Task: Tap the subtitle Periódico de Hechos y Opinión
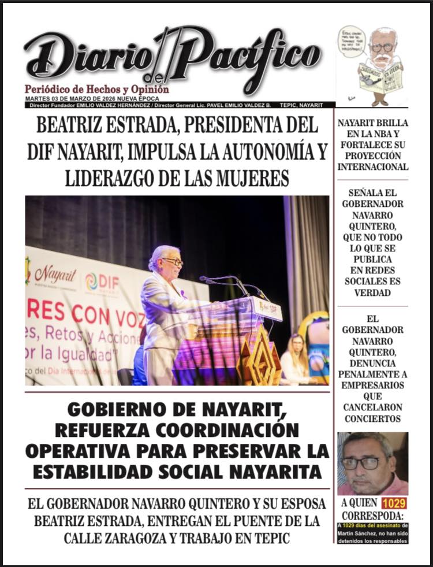pyautogui.click(x=97, y=90)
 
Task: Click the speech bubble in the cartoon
pyautogui.click(x=352, y=42)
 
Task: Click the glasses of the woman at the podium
pyautogui.click(x=172, y=262)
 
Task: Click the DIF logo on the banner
pyautogui.click(x=103, y=283)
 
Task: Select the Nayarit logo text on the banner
pyautogui.click(x=55, y=274)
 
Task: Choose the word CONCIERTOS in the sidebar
pyautogui.click(x=372, y=418)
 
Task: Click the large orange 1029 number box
pyautogui.click(x=394, y=503)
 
